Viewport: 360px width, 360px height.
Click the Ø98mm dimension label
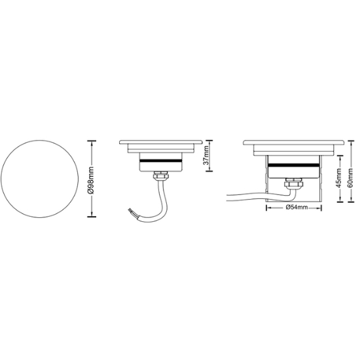92,179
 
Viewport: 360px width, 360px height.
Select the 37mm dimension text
206,155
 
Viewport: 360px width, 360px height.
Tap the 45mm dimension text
339,177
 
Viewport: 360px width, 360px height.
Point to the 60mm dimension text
350,177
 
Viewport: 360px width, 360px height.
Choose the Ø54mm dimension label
297,207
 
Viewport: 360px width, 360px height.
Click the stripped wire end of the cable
130,210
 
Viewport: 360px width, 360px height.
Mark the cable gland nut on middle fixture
162,175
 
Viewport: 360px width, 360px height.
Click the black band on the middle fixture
160,160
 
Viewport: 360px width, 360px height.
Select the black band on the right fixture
295,166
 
